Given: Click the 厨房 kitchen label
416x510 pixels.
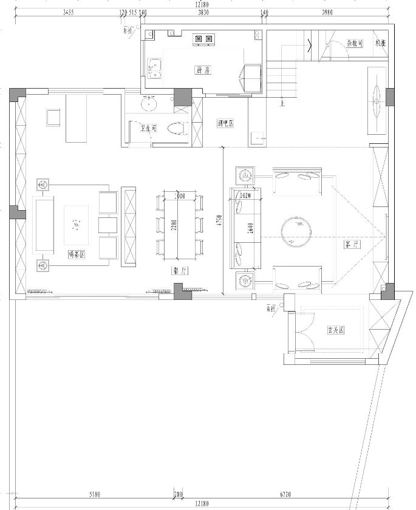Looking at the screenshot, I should point(203,70).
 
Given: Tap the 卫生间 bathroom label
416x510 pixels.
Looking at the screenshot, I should point(149,128).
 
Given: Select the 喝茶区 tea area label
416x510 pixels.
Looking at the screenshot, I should point(77,255).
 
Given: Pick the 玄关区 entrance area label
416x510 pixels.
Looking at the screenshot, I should point(336,330).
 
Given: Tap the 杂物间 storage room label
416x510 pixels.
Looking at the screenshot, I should point(355,43).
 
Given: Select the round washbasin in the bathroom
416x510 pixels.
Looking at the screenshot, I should point(148,104).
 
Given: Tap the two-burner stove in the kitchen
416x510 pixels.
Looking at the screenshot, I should point(203,39).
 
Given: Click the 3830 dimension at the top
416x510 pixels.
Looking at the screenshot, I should point(203,12).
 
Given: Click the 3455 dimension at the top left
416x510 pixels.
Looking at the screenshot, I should point(67,12).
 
